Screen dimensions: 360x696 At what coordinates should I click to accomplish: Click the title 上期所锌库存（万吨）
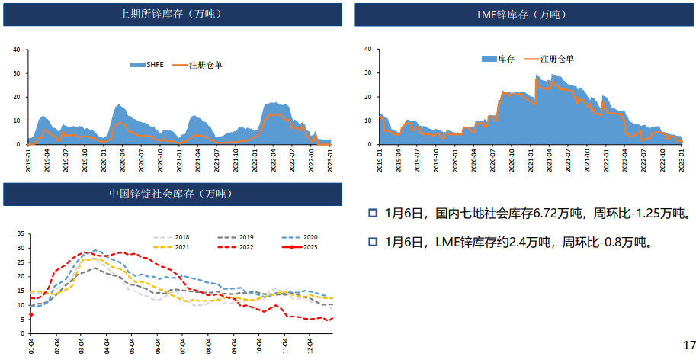point(174,14)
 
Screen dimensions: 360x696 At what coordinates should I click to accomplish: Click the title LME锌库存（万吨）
point(522,14)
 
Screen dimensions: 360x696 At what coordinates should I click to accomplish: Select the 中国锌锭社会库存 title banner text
point(174,194)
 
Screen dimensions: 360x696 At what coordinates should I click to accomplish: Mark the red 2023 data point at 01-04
point(30,314)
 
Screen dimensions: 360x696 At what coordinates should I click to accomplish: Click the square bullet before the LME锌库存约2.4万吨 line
point(373,243)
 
